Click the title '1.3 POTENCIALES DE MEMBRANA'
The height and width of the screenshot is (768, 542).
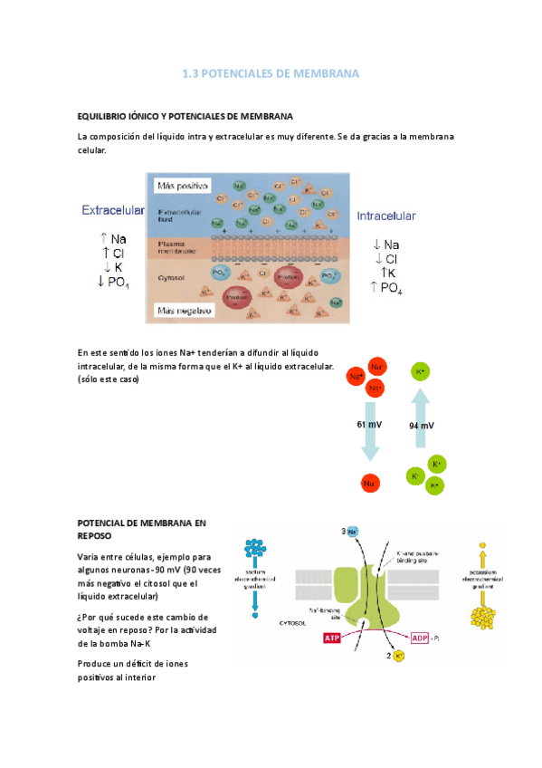point(271,72)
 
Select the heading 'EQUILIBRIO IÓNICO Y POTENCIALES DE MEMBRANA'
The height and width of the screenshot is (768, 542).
point(185,116)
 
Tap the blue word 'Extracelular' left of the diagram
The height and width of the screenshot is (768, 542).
point(113,210)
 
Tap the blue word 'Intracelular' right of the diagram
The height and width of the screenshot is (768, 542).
point(386,216)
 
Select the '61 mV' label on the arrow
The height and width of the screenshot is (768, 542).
point(369,425)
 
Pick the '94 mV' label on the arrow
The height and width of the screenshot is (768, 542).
point(421,425)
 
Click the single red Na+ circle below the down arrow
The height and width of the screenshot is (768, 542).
point(369,484)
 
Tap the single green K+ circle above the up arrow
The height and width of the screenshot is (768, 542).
point(420,371)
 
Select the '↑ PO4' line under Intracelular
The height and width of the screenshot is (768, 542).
point(386,288)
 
